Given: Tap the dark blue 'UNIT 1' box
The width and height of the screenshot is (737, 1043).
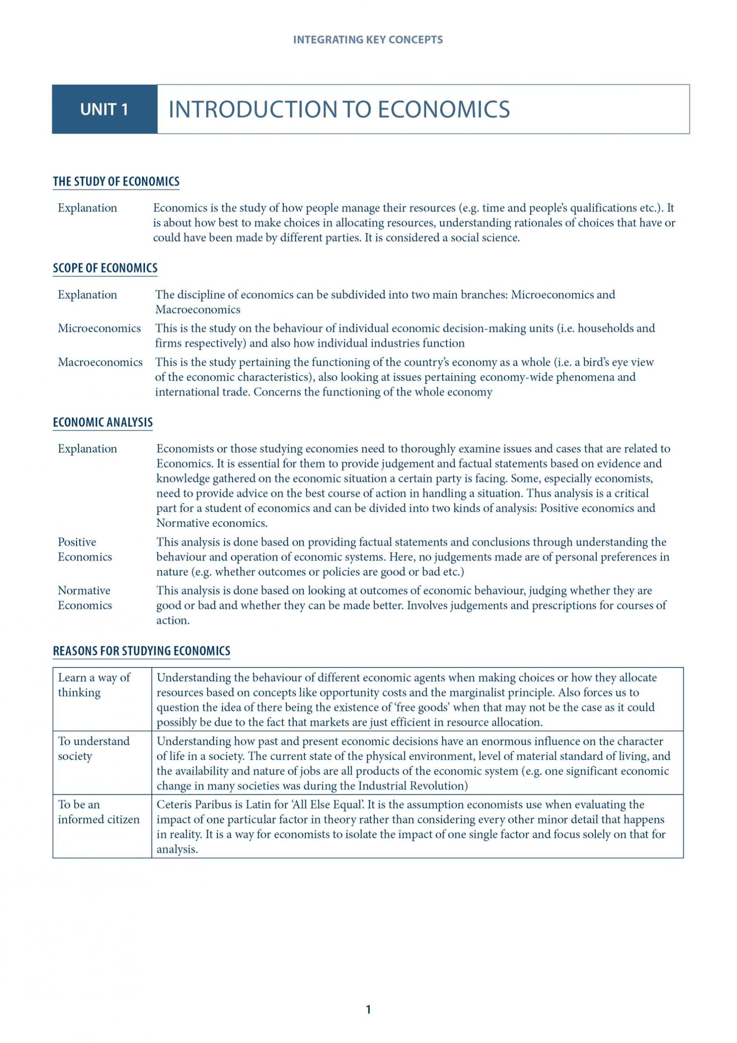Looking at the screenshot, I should (104, 109).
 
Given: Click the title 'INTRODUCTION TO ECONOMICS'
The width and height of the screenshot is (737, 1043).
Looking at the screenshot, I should (339, 109).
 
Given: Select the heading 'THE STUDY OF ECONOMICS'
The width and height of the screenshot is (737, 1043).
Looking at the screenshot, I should (116, 182).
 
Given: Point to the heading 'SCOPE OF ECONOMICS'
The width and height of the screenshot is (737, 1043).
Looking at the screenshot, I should (105, 268).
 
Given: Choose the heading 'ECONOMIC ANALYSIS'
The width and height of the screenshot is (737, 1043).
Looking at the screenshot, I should (103, 422).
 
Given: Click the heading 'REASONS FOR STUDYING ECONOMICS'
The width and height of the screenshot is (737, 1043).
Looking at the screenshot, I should (142, 651).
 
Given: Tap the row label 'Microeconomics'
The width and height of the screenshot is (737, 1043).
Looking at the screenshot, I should (99, 328).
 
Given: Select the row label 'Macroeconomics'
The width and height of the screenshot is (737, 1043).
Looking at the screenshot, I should (100, 362).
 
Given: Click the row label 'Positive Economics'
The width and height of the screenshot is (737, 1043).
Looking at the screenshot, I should (84, 549).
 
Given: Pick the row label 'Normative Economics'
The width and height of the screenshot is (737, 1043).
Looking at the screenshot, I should (84, 598).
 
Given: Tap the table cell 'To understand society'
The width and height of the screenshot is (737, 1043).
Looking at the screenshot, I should (93, 748).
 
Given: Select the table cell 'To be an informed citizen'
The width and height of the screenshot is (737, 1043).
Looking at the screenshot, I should (99, 812).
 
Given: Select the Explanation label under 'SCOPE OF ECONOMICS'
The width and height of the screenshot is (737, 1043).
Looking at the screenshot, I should (87, 295).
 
